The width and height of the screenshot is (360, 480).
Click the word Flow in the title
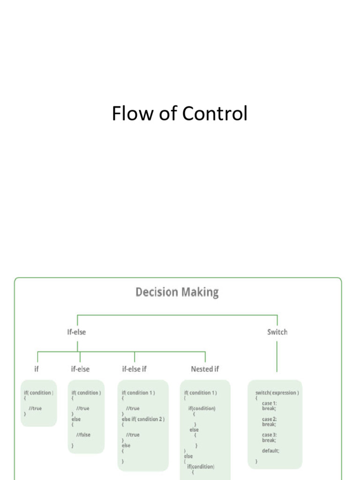pyautogui.click(x=132, y=113)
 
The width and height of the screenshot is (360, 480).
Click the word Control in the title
pyautogui.click(x=215, y=113)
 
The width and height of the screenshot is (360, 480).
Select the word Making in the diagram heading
pyautogui.click(x=200, y=292)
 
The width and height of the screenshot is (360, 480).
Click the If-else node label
pyautogui.click(x=76, y=332)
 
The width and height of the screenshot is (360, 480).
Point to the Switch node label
pyautogui.click(x=277, y=332)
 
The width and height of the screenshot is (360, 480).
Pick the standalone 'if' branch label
pyautogui.click(x=37, y=369)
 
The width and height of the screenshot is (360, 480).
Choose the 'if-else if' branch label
pyautogui.click(x=135, y=369)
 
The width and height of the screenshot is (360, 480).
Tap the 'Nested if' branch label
pyautogui.click(x=205, y=369)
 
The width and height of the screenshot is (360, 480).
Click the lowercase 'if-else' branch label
pyautogui.click(x=80, y=369)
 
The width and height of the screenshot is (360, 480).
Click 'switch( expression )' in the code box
pyautogui.click(x=277, y=393)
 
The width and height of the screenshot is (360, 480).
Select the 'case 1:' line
pyautogui.click(x=269, y=403)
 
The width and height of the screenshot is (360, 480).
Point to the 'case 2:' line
pyautogui.click(x=269, y=419)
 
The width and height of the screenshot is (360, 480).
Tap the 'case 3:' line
pyautogui.click(x=270, y=435)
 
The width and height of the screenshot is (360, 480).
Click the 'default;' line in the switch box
pyautogui.click(x=270, y=450)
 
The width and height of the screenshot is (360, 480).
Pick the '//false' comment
pyautogui.click(x=83, y=435)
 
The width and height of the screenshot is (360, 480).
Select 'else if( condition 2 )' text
pyautogui.click(x=143, y=419)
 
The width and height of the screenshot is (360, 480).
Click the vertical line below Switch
pyautogui.click(x=277, y=357)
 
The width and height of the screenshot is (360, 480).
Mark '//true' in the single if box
pyautogui.click(x=35, y=408)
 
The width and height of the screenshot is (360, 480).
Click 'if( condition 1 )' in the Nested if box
pyautogui.click(x=200, y=393)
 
